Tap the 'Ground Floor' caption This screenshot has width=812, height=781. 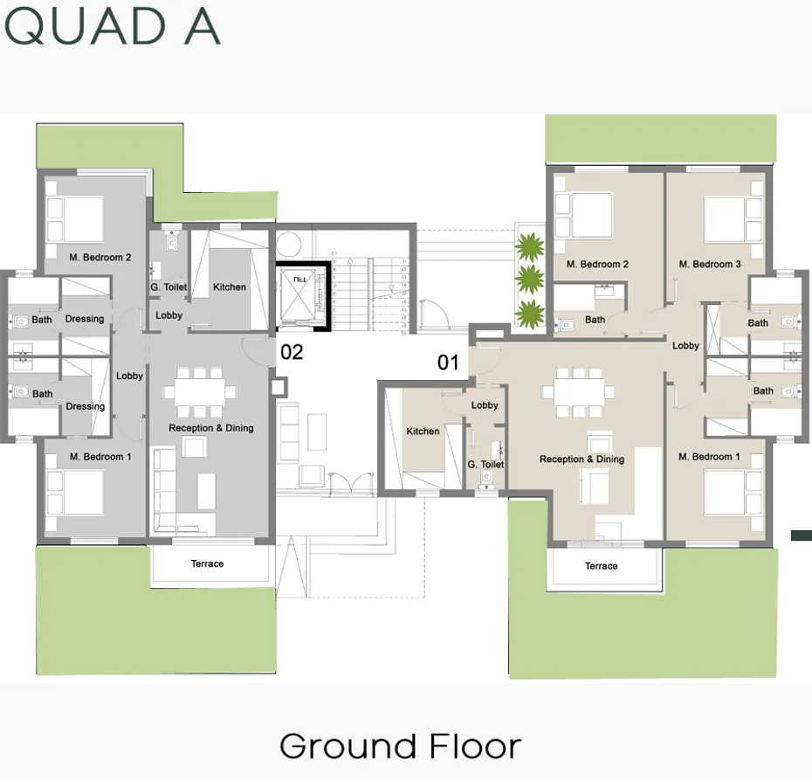click(x=400, y=747)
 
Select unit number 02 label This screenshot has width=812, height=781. click(x=292, y=353)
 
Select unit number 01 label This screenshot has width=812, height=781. click(x=448, y=363)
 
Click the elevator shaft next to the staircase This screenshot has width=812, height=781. click(x=299, y=294)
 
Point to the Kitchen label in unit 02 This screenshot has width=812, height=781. click(x=230, y=287)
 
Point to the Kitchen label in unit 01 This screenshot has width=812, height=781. click(x=423, y=432)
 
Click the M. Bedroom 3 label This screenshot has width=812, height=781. click(x=710, y=265)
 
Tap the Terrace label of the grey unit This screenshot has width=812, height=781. click(x=208, y=564)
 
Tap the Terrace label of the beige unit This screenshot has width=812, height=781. click(x=601, y=567)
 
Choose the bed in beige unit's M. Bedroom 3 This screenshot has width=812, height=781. click(x=728, y=218)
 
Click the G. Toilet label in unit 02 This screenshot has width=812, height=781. click(x=169, y=287)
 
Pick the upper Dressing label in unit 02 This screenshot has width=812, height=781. click(x=85, y=319)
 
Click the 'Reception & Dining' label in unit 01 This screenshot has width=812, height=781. click(x=581, y=460)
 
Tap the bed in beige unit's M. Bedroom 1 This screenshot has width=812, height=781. click(x=728, y=494)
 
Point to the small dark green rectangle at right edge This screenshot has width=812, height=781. click(x=802, y=535)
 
